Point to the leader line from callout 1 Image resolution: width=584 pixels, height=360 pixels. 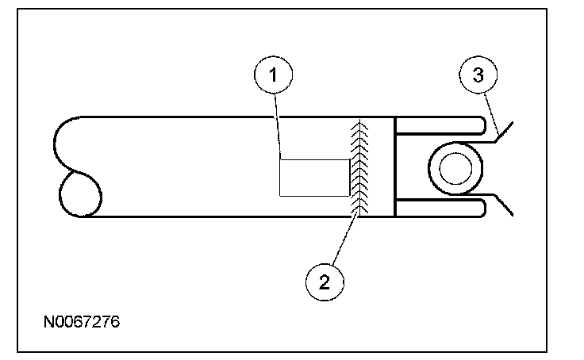278,127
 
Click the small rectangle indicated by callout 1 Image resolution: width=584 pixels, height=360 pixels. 314,177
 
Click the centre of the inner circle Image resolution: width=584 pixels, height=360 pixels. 455,167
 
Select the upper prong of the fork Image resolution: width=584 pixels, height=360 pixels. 440,124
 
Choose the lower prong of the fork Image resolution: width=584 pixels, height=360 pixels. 440,209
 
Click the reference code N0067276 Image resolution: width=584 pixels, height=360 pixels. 83,324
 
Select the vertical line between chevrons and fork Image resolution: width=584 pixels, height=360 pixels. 394,167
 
